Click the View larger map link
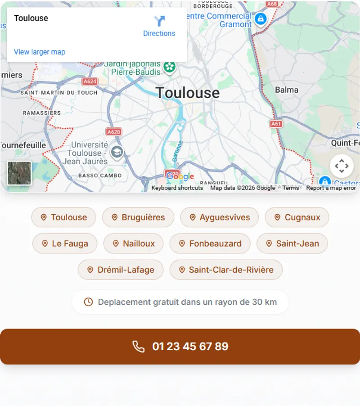coord(40,52)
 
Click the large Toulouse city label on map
coord(188,93)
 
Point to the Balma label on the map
coord(287,90)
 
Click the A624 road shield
coord(90,81)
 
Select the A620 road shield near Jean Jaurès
coord(114,132)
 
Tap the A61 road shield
coord(276,123)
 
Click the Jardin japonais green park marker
coord(169,67)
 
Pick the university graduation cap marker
coord(117,152)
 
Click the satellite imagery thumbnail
coord(19,173)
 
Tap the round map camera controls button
coord(342,166)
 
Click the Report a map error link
coord(331,188)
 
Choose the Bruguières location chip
coord(138,217)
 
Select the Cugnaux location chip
coord(297,217)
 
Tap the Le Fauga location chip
coord(65,244)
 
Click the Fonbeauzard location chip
coord(210,244)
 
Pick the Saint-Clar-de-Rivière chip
coord(226,270)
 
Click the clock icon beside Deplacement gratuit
coord(89,302)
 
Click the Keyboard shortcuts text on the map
coord(177,188)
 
